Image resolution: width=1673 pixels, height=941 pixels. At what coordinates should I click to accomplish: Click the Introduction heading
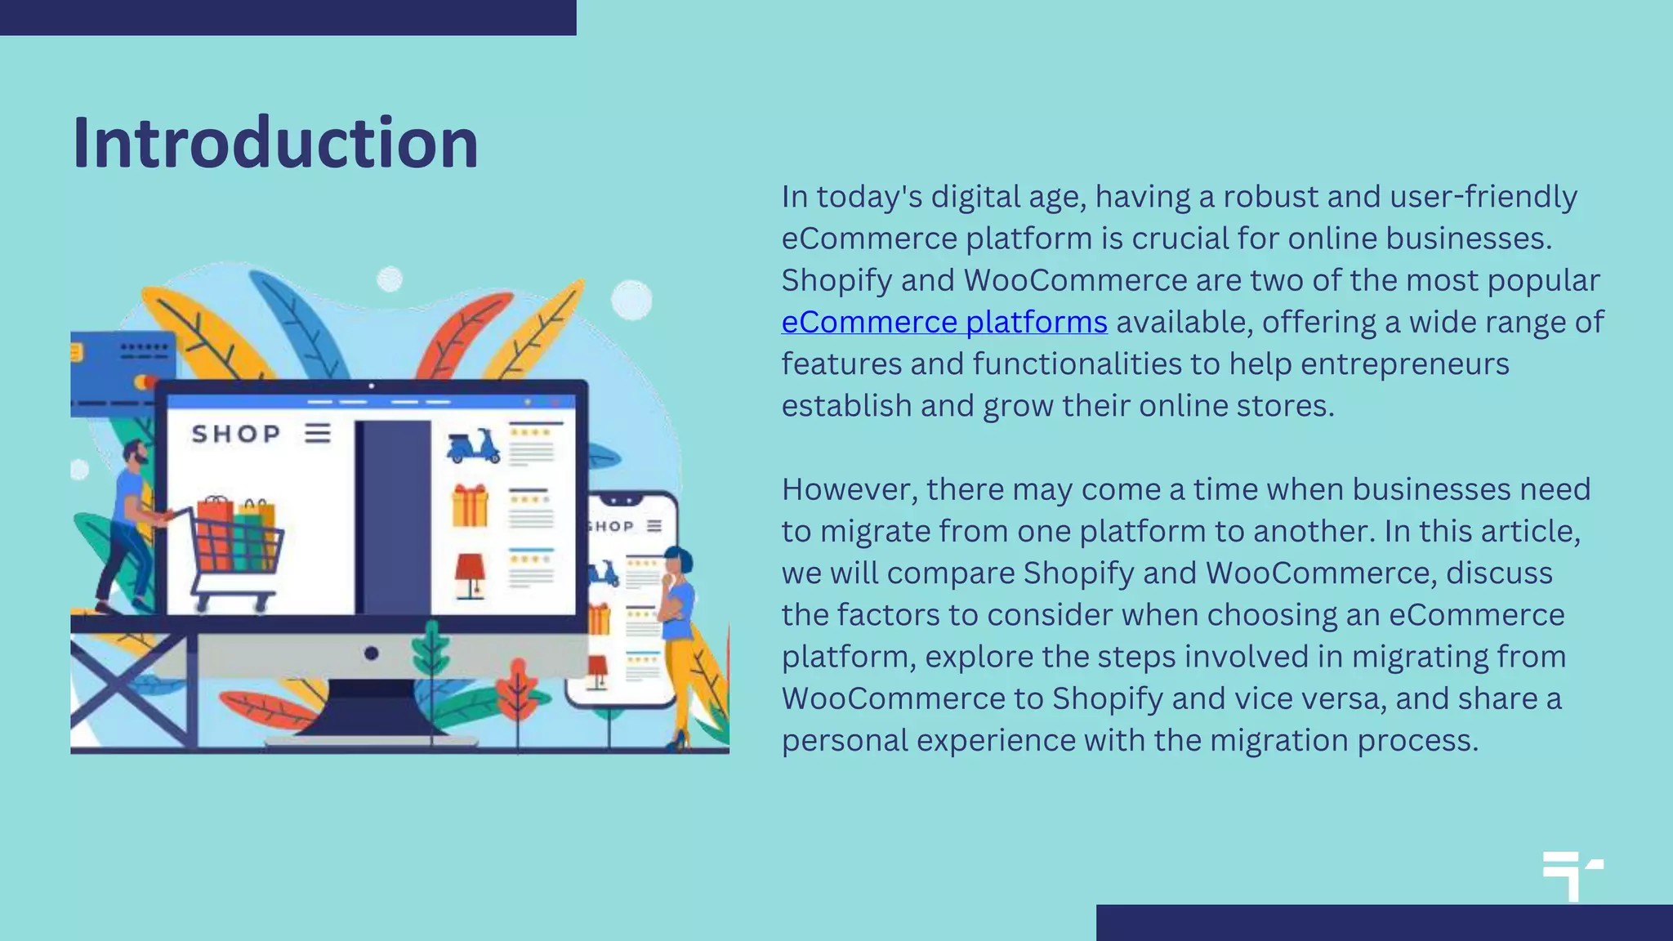coord(275,144)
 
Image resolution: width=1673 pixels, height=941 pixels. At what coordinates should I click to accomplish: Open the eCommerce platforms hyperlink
coord(944,322)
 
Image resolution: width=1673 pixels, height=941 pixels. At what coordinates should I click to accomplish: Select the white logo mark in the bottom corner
coord(1571,876)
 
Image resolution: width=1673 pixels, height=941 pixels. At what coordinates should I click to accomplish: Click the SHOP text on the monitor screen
coord(236,434)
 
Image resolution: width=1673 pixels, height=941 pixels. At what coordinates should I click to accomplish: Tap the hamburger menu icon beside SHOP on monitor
coord(318,433)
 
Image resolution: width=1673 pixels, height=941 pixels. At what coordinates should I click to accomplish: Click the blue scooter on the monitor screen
coord(473,447)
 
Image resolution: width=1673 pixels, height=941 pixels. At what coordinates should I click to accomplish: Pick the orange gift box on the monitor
coord(470,506)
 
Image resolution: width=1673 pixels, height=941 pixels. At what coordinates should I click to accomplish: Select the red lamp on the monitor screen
coord(470,574)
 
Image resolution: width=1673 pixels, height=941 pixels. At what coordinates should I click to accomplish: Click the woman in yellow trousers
coord(680,637)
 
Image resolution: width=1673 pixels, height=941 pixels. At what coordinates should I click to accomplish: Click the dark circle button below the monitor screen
coord(371,653)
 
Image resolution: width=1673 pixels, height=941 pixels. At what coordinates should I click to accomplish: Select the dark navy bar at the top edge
coord(288,17)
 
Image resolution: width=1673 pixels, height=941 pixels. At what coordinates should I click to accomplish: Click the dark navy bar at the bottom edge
coord(1384,922)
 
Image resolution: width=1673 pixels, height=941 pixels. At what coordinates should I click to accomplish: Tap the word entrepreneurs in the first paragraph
coord(1404,363)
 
